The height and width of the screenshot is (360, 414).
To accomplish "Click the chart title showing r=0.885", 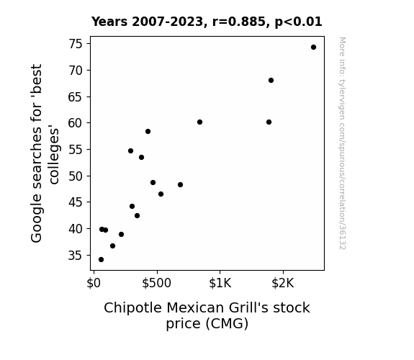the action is click(207, 22).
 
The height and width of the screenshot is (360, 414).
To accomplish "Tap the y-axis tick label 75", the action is click(76, 44).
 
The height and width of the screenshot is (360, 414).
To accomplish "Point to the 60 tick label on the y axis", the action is click(76, 123).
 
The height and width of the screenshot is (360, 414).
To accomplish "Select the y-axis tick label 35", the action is click(76, 256).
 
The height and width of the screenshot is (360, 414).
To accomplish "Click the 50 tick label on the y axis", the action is click(76, 176).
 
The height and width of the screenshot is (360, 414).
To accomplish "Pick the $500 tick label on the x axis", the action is click(156, 283).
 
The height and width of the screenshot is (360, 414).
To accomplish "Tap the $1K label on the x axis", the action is click(220, 283).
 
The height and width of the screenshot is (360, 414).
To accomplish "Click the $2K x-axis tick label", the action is click(283, 283).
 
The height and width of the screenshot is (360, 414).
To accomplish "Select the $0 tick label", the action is click(94, 283).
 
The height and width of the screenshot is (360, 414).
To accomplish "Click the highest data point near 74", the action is click(313, 48).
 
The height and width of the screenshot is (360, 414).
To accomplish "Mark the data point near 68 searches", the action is click(271, 81).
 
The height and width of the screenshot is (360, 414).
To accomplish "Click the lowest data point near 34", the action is click(101, 260).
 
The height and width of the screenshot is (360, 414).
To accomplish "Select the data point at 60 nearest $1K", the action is click(199, 122).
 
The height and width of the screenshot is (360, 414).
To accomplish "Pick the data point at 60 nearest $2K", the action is click(269, 122).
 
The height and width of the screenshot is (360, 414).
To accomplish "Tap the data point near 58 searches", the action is click(148, 132).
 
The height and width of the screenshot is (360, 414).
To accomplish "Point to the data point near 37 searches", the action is click(112, 246).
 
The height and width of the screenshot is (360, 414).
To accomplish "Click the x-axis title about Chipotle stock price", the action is click(207, 315).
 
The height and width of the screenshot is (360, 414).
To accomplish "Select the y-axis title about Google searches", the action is click(45, 153).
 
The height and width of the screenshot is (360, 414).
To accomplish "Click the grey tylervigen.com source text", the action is click(342, 143).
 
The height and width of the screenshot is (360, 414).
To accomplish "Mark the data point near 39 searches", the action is click(121, 234).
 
